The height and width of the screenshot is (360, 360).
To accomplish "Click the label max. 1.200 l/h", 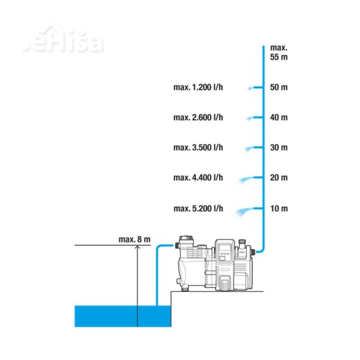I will [198, 87].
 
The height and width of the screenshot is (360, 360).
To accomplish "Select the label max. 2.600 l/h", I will [198, 117].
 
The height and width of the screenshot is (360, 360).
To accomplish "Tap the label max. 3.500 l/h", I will [198, 148].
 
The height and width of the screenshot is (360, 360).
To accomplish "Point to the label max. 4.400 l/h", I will [198, 178].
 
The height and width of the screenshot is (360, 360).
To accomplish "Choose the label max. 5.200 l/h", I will [198, 208].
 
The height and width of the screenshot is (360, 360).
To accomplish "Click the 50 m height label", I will [278, 87].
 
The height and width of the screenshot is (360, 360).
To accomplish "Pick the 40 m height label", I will [278, 117].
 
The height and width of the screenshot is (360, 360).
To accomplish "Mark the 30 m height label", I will [278, 148].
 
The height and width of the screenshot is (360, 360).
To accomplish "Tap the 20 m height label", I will [278, 178].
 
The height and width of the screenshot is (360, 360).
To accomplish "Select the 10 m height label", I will [278, 208].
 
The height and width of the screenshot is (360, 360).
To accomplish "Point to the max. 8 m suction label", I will [134, 239].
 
